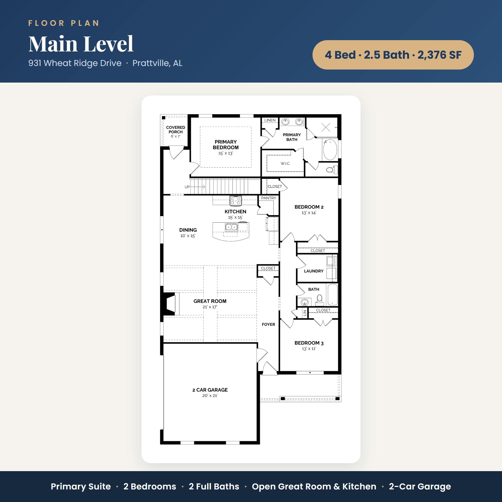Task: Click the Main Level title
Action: [81, 44]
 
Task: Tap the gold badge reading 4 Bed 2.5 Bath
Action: [393, 55]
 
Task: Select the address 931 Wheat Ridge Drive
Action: [75, 63]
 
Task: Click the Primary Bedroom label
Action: [226, 145]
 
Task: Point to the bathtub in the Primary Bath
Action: [330, 149]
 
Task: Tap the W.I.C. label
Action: [285, 163]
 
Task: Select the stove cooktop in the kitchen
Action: [236, 200]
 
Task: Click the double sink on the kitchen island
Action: [231, 227]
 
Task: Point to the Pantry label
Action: [268, 198]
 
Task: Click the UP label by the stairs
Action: [187, 187]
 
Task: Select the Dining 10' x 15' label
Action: [188, 233]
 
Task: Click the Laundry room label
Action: [313, 271]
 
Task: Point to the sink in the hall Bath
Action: [304, 302]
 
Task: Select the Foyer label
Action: [268, 325]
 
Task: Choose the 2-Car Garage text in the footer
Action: [420, 486]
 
